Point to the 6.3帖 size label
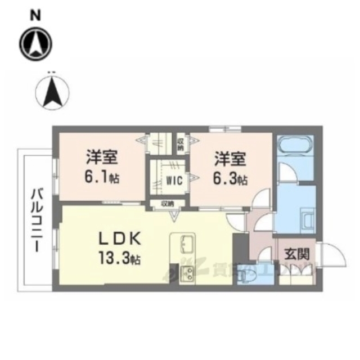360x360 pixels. coord(231,179)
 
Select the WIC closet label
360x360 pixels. coord(173,181)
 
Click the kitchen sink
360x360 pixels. coord(186,246)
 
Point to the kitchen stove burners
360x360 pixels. coord(186,274)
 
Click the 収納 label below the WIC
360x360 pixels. coord(167,204)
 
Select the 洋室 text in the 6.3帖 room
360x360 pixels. coord(229,159)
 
